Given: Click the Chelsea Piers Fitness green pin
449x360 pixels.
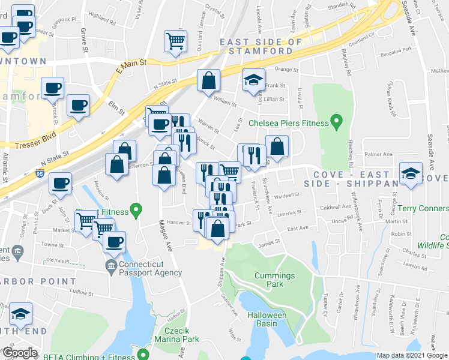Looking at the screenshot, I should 336,123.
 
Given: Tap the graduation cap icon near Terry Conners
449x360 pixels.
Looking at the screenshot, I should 411,175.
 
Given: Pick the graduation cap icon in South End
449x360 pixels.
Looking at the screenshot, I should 21,314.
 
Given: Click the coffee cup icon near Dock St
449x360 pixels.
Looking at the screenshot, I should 59,182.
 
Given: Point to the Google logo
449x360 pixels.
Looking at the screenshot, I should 19,353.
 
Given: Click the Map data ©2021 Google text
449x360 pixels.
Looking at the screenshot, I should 412,355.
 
